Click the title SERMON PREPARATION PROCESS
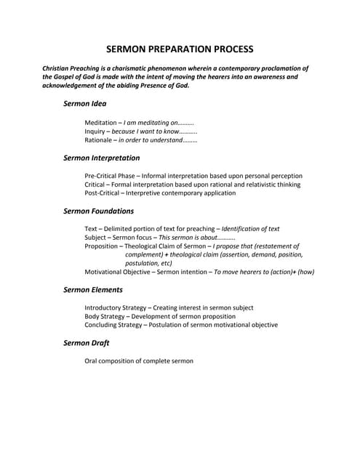click(x=180, y=49)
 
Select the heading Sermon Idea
click(x=84, y=104)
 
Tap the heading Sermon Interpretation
click(x=101, y=158)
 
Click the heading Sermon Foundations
click(x=98, y=211)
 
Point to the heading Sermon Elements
click(x=92, y=290)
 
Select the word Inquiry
click(x=95, y=132)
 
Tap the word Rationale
click(x=99, y=140)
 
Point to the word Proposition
click(x=103, y=246)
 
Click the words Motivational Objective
click(x=121, y=272)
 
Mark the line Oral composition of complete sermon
click(x=139, y=361)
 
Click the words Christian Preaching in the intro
click(x=72, y=68)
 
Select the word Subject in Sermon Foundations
click(x=96, y=238)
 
